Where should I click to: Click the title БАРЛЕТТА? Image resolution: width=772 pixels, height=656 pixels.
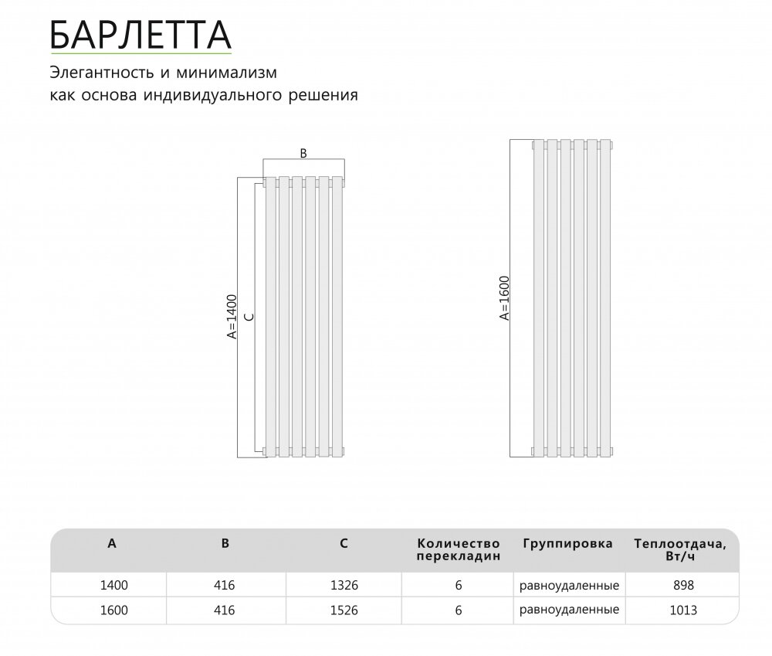[x=140, y=34]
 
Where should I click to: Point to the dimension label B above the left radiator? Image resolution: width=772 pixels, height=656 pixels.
[x=303, y=153]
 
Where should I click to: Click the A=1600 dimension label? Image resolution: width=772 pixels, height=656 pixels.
[x=504, y=297]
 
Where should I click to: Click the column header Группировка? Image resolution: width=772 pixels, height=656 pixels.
[x=567, y=543]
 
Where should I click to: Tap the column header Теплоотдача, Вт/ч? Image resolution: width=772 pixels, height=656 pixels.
[x=679, y=549]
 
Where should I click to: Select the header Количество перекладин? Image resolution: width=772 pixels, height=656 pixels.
[x=459, y=549]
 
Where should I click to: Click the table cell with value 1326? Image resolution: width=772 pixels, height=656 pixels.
[x=344, y=586]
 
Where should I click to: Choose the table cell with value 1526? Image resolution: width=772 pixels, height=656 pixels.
[x=344, y=610]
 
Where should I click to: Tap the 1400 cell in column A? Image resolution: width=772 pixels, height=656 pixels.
[x=113, y=586]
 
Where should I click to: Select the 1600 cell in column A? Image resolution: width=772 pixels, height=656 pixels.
[x=113, y=610]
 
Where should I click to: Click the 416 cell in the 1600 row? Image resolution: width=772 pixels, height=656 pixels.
[x=225, y=610]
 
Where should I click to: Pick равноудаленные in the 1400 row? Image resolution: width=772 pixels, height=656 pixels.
[x=569, y=586]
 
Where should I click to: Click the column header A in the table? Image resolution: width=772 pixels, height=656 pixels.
[x=113, y=543]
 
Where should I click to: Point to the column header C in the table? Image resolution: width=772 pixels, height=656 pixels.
[x=344, y=543]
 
